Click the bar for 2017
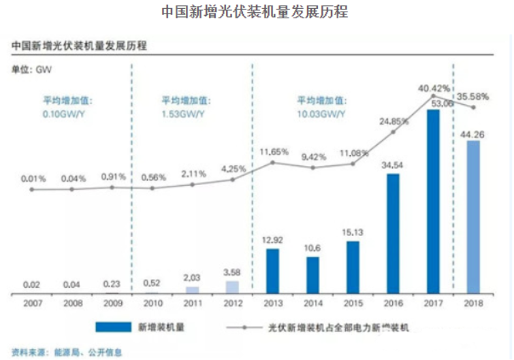coord(434,202)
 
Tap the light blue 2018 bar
coord(474,217)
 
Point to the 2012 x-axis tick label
coord(233,304)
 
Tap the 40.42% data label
coord(434,88)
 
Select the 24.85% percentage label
coord(394,121)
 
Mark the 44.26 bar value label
coord(474,133)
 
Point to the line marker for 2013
coord(272,163)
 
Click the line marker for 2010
coord(152,188)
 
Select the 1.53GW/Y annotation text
coord(182,113)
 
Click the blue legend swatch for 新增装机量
coord(118,327)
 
